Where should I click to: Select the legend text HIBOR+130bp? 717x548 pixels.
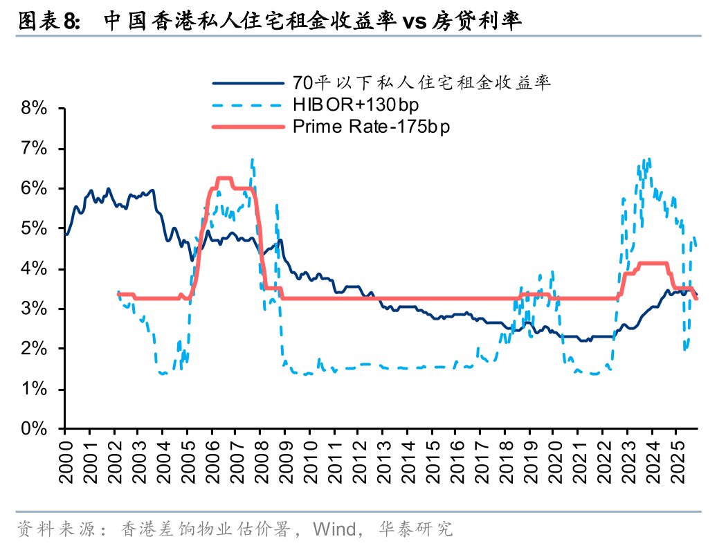click(x=356, y=105)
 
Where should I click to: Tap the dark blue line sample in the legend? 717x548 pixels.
click(x=248, y=83)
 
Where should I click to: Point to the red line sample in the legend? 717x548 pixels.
click(x=248, y=127)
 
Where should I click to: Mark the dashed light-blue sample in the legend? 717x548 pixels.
click(x=248, y=105)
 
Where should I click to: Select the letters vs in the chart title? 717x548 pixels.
click(x=414, y=21)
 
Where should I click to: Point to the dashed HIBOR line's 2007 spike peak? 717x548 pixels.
click(x=253, y=160)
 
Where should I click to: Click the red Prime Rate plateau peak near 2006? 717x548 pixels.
click(x=223, y=179)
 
